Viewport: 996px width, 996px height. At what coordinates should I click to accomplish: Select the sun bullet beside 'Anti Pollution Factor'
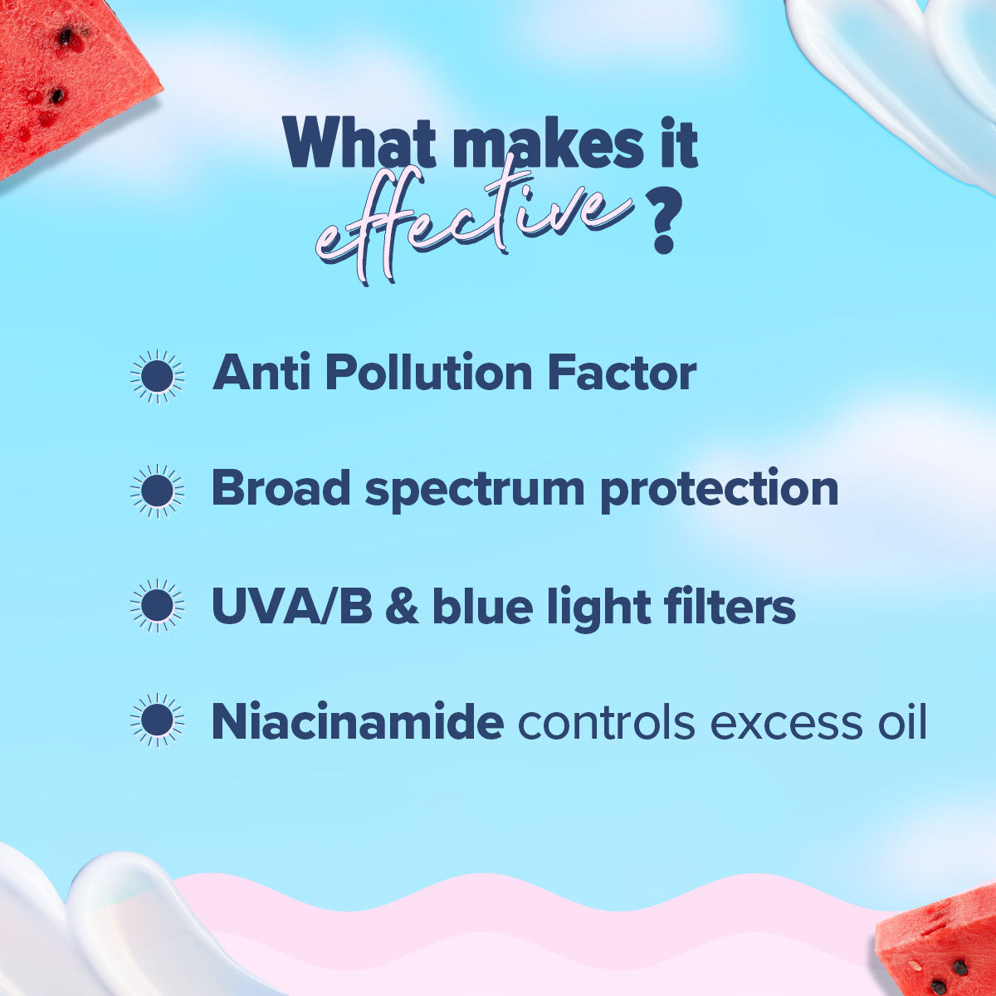coord(157,376)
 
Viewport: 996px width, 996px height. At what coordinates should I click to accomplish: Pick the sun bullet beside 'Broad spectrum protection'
coord(157,491)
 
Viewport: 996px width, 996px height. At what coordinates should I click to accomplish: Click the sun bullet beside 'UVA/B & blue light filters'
coord(157,605)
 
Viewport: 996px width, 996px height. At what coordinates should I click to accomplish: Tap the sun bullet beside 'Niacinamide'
coord(157,720)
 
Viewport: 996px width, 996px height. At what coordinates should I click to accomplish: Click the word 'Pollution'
coord(428,372)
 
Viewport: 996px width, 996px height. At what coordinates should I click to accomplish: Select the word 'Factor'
coord(622,372)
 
